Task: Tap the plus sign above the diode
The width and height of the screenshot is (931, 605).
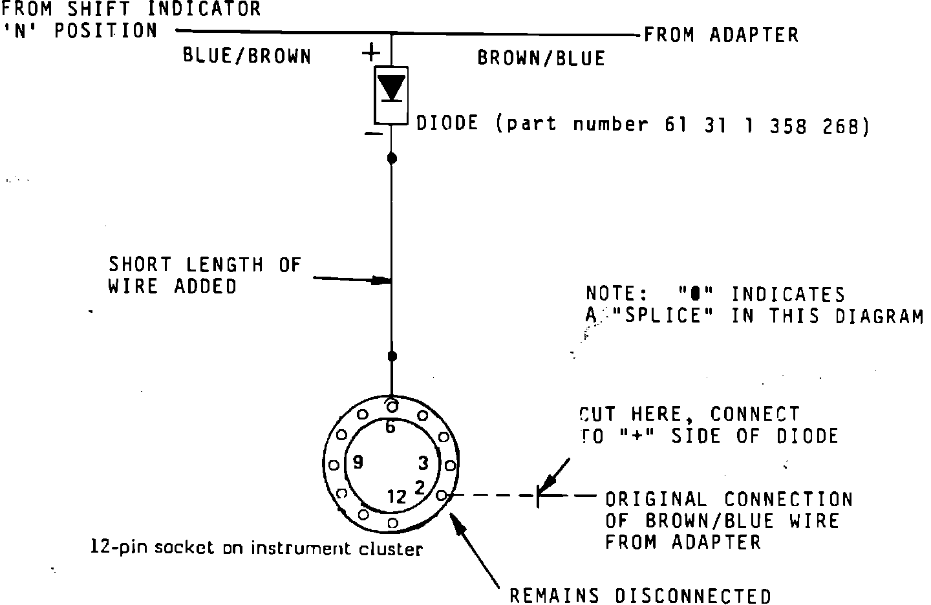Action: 370,53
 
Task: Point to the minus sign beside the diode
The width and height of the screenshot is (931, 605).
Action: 373,133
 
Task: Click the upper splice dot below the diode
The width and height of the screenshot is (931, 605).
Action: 392,158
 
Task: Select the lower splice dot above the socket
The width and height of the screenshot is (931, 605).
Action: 392,356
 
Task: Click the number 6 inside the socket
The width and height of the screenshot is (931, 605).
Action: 390,427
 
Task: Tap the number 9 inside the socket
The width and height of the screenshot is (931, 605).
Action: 358,462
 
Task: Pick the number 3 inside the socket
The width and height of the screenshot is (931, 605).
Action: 423,463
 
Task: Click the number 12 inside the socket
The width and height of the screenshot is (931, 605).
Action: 396,497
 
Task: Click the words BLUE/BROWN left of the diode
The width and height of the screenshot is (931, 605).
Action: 247,56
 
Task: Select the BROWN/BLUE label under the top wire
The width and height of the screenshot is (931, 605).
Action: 541,58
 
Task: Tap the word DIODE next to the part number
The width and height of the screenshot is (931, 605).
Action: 447,123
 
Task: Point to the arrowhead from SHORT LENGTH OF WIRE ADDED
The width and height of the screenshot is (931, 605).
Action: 381,281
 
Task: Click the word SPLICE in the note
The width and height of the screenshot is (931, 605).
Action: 663,315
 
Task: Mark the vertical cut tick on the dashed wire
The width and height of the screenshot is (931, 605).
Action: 538,496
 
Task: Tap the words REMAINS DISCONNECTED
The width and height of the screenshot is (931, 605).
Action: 640,596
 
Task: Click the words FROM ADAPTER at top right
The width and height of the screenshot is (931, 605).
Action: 721,35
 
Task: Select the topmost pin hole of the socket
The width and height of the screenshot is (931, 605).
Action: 392,406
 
